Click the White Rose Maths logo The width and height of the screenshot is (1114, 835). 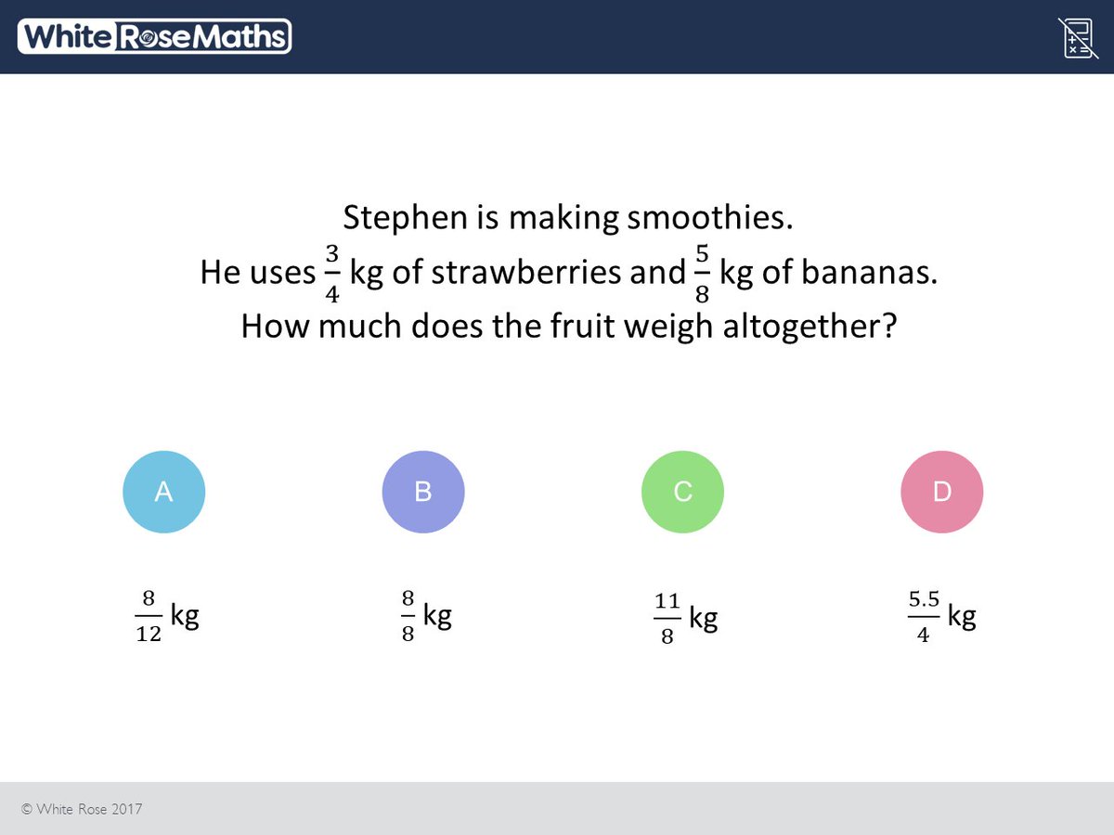154,36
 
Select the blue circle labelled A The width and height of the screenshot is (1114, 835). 163,492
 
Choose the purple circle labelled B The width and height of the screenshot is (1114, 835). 423,492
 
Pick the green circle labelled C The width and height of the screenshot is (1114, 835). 682,492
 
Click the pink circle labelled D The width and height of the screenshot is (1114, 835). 941,492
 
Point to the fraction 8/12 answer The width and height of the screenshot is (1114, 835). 149,617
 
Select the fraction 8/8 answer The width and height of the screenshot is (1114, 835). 408,617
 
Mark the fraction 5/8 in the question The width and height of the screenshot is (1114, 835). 702,274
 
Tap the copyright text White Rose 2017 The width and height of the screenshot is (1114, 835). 82,809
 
